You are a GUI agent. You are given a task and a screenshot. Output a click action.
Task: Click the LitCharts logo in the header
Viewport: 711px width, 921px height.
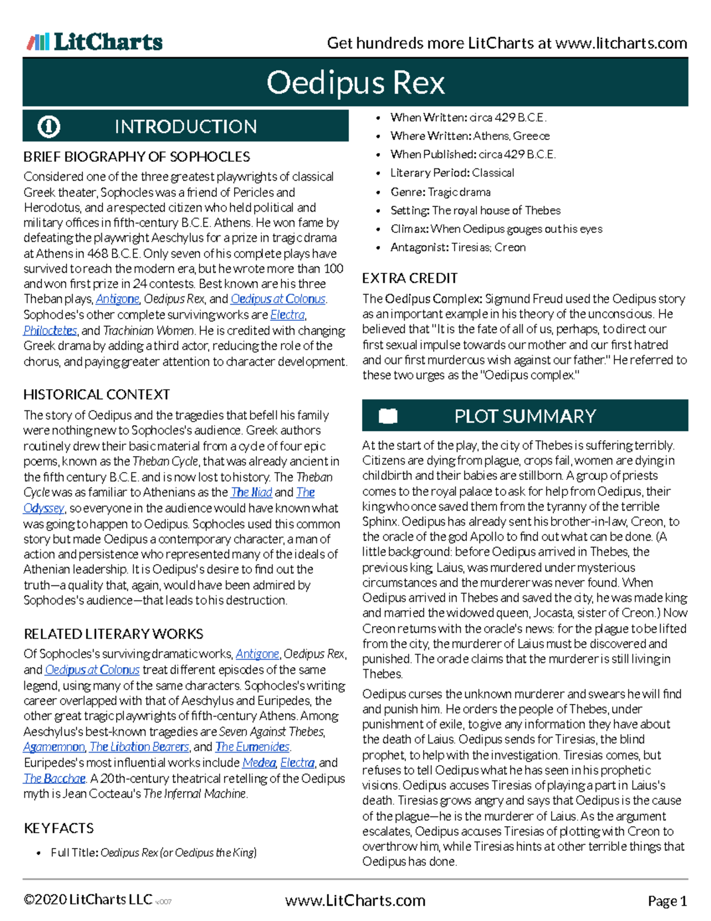coord(95,42)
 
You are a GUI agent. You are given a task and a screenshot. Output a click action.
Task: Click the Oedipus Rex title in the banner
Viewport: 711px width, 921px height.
coord(355,82)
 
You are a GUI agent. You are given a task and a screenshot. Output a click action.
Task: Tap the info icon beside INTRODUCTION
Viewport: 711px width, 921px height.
coord(49,126)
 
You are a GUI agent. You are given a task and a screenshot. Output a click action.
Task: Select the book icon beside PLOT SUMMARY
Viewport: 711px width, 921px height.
coord(388,416)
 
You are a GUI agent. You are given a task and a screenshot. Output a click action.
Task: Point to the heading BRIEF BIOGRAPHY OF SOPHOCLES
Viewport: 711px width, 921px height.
coord(137,157)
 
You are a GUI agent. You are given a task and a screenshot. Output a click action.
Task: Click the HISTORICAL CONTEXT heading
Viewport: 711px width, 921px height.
coord(97,394)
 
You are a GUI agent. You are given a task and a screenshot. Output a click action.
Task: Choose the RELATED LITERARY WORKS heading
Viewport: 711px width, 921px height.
coord(113,634)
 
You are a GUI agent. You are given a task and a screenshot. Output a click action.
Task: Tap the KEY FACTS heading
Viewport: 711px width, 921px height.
coord(59,828)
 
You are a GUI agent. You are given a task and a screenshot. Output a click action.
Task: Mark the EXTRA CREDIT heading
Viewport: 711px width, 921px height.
coord(410,278)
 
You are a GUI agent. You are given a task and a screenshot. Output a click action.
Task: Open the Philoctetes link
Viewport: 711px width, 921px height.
coord(50,330)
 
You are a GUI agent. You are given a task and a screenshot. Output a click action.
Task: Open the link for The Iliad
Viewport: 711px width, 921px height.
coord(251,492)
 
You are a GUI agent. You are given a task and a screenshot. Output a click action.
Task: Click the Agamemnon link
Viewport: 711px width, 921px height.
coord(54,747)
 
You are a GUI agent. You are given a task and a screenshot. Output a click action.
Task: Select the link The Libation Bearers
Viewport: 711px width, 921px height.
coord(139,747)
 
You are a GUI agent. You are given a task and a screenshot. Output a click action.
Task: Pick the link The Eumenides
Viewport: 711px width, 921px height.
coord(252,747)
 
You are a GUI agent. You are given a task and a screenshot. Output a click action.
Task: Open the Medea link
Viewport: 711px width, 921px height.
coord(259,762)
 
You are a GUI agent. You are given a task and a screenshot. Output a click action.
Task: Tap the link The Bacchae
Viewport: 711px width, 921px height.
coord(55,778)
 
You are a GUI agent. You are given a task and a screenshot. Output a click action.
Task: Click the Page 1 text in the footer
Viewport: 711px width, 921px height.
coord(667,901)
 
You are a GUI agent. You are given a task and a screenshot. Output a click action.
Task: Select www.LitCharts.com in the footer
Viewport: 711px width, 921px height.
coord(355,901)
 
